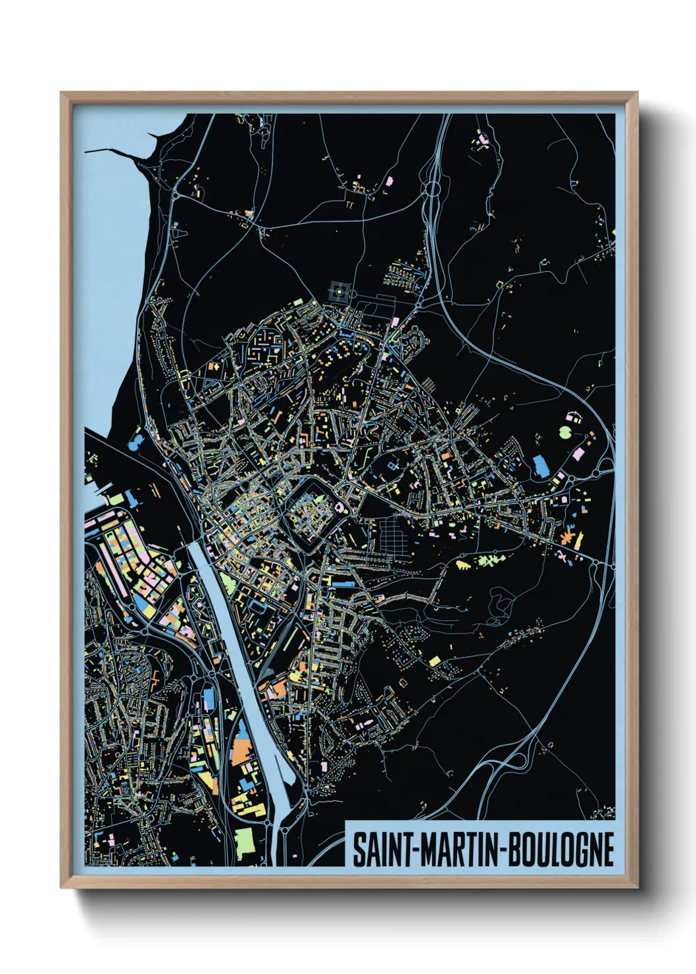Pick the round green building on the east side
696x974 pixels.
tap(565, 432)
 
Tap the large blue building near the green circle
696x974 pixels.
tap(541, 465)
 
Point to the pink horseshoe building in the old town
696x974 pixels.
tap(339, 507)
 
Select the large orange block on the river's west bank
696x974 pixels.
tap(243, 751)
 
